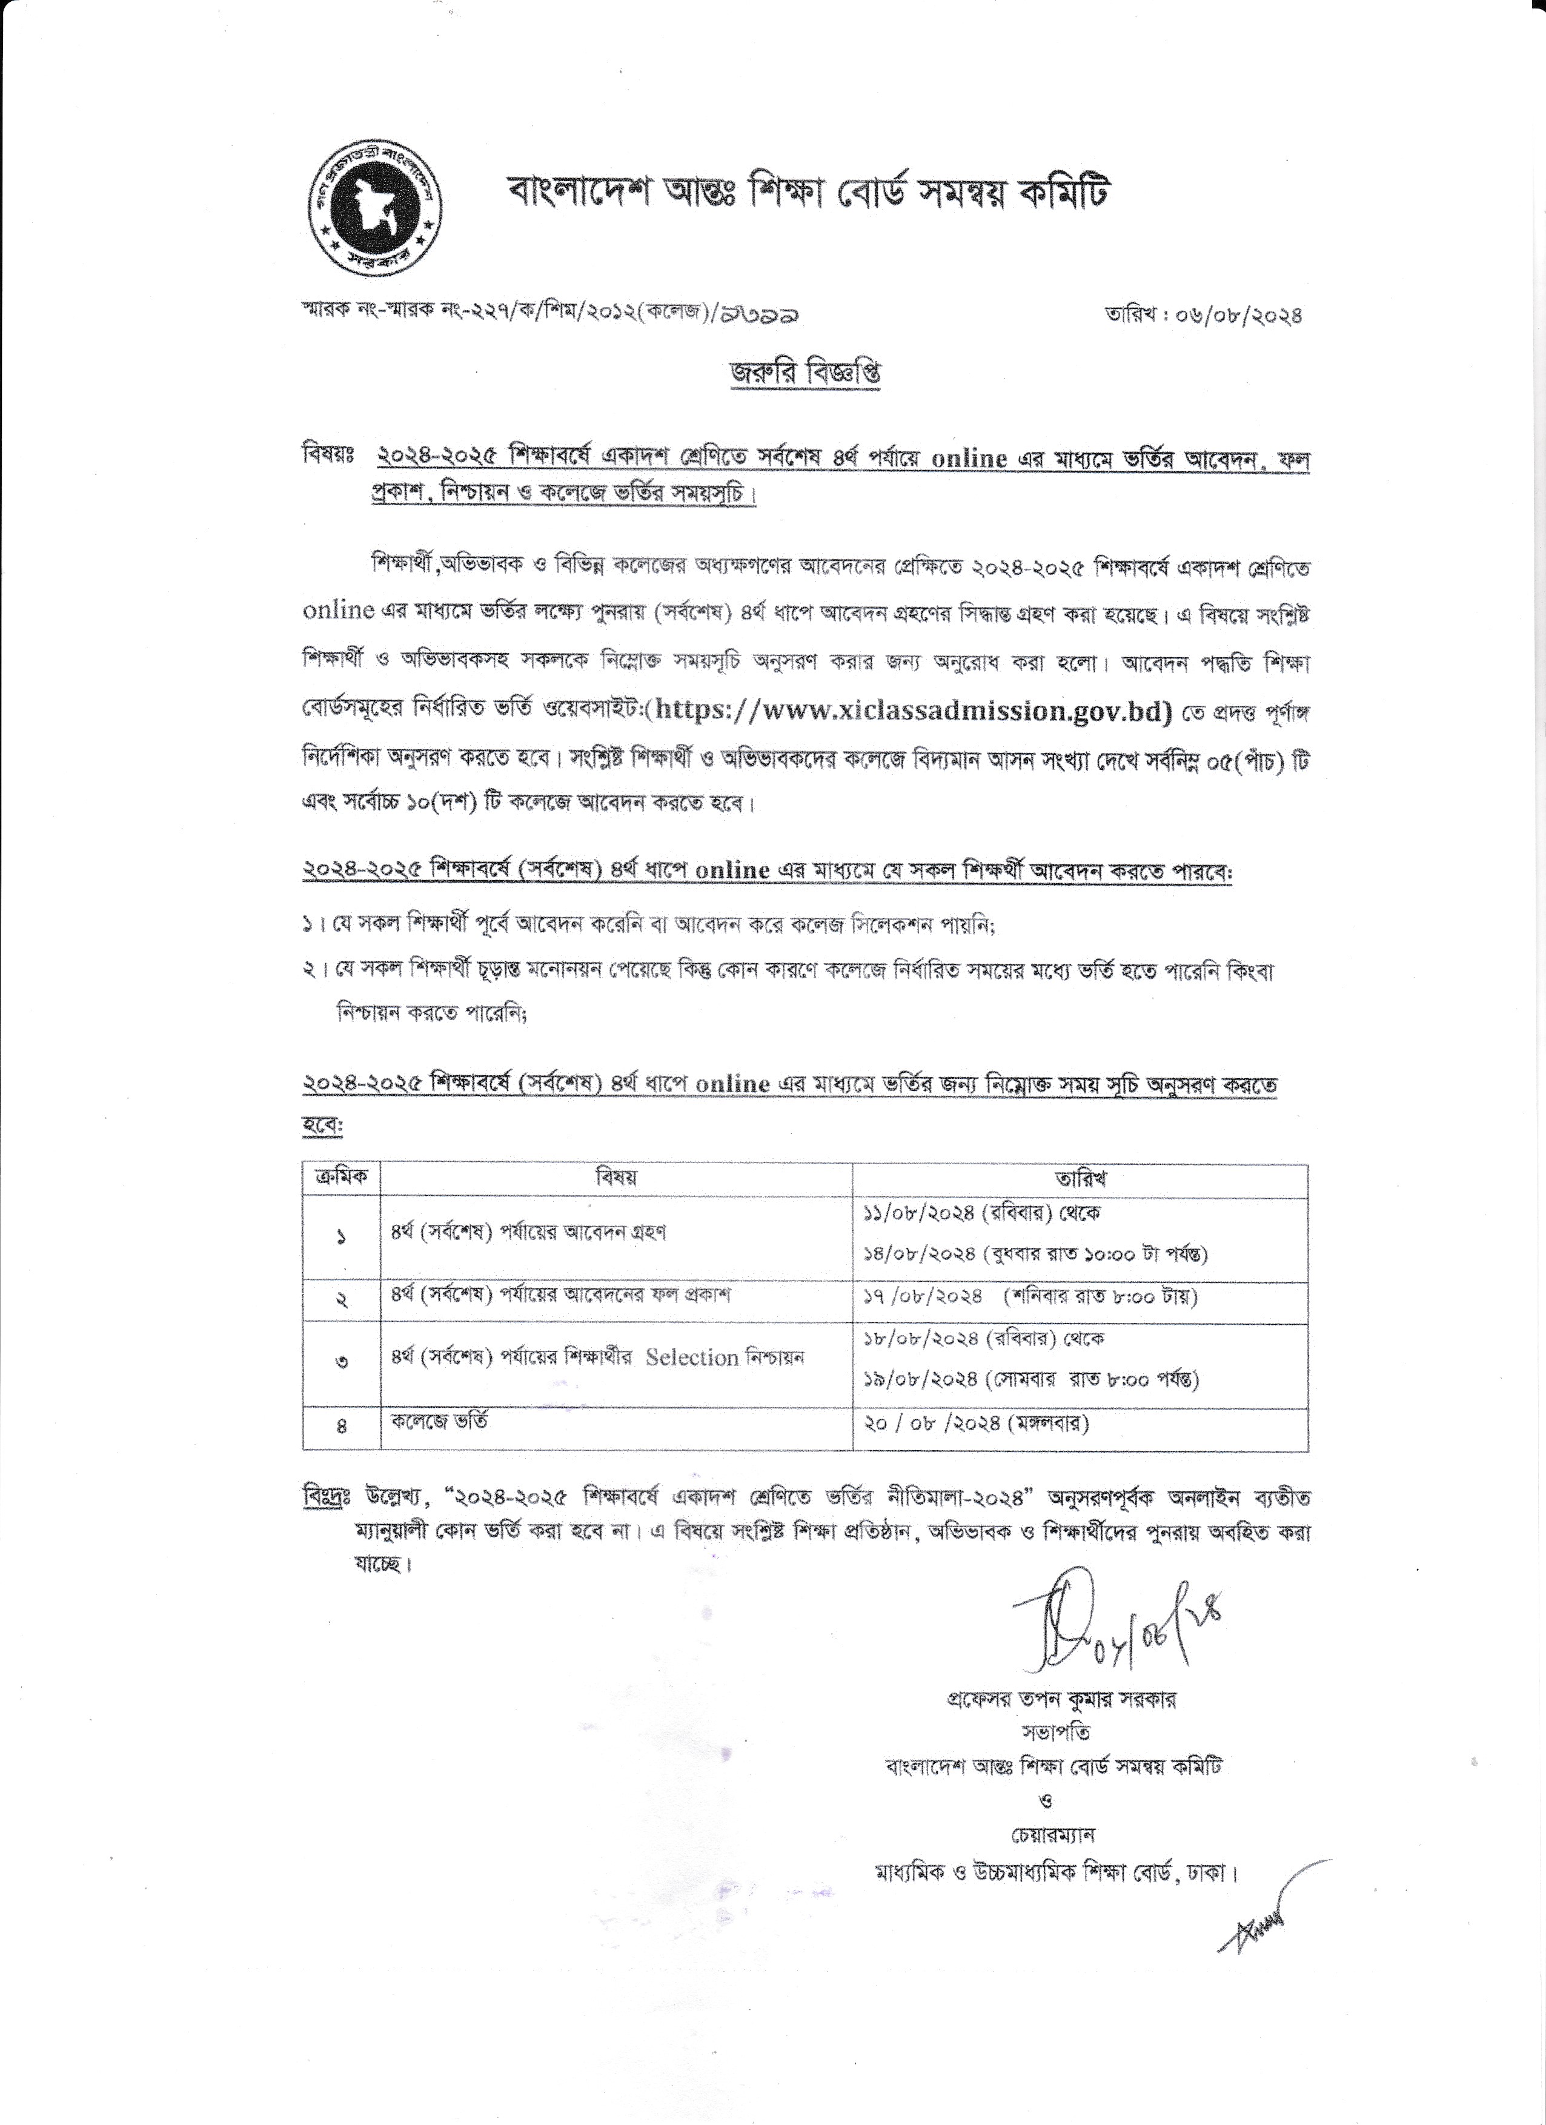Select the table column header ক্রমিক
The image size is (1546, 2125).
point(341,1178)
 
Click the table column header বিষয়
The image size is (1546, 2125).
point(615,1178)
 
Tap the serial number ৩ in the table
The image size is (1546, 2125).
point(341,1362)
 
